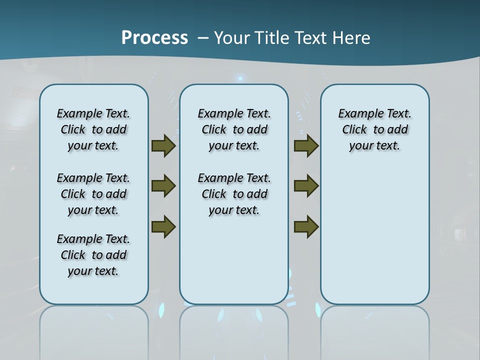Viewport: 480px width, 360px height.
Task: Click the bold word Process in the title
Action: (154, 37)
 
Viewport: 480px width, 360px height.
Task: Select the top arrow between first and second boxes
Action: (163, 146)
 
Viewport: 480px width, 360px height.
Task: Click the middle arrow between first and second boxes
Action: (163, 186)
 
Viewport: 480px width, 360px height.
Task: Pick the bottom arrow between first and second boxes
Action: (163, 226)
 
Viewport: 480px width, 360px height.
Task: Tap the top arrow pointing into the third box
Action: (306, 146)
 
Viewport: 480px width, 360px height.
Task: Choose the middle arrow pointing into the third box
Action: (306, 186)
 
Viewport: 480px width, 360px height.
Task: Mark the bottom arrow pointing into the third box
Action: (306, 226)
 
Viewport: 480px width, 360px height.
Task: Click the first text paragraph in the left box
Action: (93, 129)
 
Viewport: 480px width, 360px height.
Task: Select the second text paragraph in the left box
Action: (93, 194)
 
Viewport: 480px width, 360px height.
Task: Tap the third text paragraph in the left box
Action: (93, 255)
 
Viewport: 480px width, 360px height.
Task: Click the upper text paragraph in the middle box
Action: (234, 129)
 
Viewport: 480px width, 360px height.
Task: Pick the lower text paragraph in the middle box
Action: (234, 194)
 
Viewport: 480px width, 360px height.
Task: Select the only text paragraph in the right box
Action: (374, 129)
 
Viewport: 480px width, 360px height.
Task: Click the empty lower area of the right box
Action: (374, 240)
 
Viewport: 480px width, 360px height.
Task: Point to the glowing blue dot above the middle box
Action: (240, 78)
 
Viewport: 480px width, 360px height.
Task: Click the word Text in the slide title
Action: (310, 37)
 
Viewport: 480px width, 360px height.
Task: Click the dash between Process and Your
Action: (203, 38)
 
